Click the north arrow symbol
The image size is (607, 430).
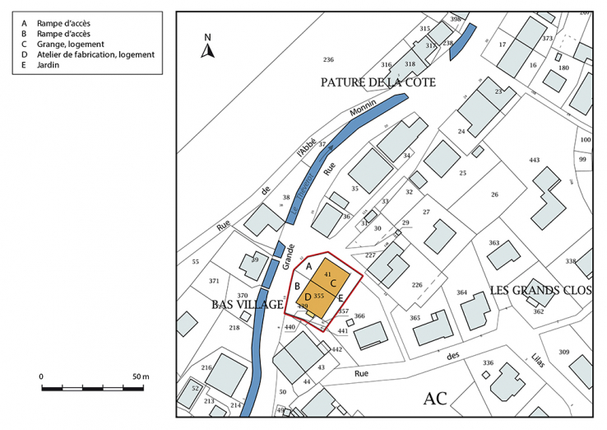tap(208, 48)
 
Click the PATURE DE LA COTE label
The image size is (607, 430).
tap(378, 82)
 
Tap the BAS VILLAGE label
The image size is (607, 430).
tap(242, 305)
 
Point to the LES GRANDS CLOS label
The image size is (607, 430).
tap(540, 290)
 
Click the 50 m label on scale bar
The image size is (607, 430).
tap(140, 376)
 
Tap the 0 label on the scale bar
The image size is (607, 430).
tap(42, 376)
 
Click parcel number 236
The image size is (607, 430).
tap(328, 59)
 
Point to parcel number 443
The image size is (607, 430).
tap(534, 160)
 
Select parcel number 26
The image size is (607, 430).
tap(494, 194)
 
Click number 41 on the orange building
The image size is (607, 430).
tap(327, 273)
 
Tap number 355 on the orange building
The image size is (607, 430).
tap(318, 295)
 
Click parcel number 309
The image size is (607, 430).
tap(563, 353)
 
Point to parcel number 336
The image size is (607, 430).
tap(488, 362)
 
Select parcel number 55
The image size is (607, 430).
tap(195, 262)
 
